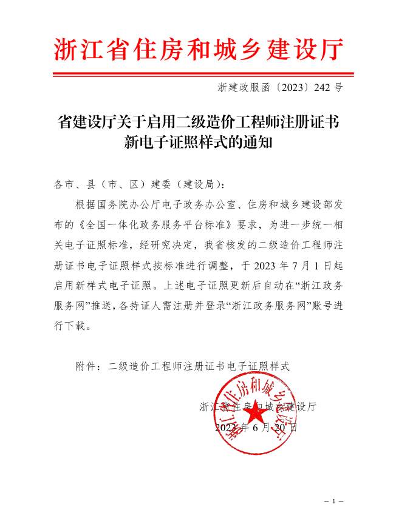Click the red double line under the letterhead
click(199, 75)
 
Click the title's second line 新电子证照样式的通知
click(198, 143)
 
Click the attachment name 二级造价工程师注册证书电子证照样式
click(199, 367)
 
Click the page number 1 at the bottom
click(333, 502)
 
